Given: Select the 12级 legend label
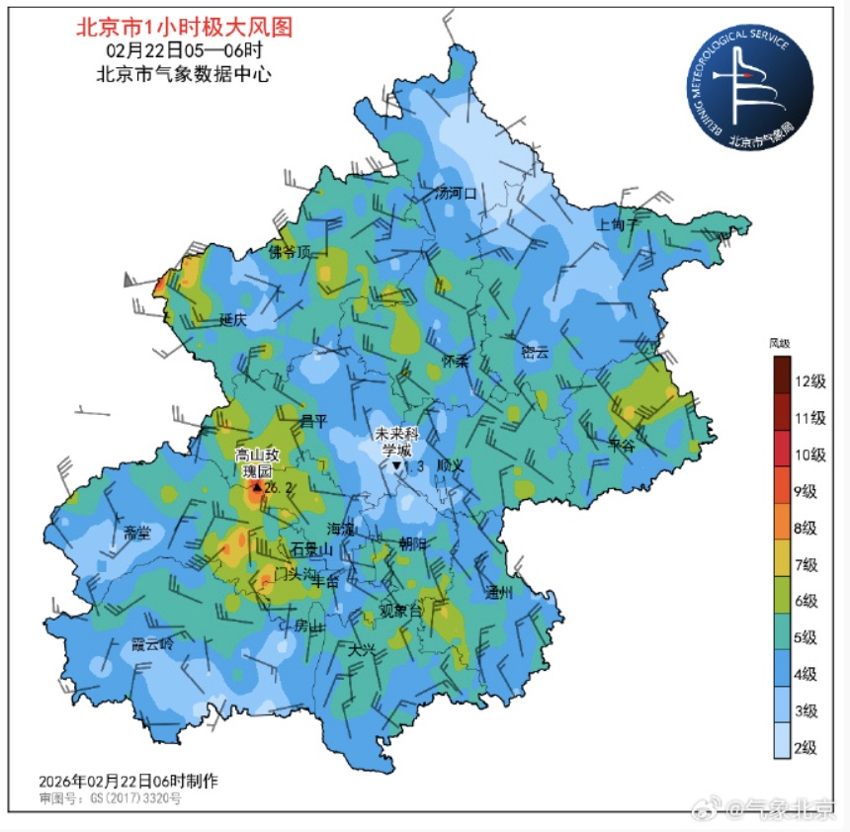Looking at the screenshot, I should coord(809,381).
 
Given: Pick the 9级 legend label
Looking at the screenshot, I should coord(809,491).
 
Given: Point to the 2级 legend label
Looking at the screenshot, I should coord(809,746).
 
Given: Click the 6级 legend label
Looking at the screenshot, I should coord(809,601).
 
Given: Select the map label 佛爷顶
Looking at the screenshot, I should coord(290,252).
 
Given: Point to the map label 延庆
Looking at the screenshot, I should coord(233,319).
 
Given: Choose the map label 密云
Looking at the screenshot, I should coord(534,351).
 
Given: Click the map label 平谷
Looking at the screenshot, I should coord(621,446).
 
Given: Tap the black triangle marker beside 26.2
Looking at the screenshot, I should coord(257,487).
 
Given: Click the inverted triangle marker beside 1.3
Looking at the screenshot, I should coord(396,465).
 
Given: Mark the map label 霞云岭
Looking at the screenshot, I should coord(152,643).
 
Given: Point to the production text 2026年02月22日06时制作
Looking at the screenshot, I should coord(128,781).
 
